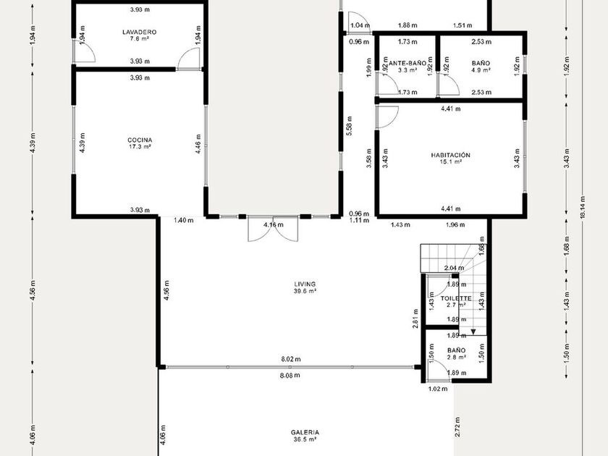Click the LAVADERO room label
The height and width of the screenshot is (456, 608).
coord(139,32)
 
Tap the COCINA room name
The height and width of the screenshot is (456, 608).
coord(140,140)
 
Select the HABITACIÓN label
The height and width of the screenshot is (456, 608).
coord(450,155)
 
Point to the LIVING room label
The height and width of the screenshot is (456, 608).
coord(305,284)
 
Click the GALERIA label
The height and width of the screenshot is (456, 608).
coord(305,432)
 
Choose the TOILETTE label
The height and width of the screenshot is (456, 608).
coord(456,298)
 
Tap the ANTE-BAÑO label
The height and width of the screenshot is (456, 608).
coord(408,63)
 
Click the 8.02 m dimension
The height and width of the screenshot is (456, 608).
coord(291,359)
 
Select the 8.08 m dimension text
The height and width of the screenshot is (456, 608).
coord(290,375)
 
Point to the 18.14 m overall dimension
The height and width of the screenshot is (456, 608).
coord(582,208)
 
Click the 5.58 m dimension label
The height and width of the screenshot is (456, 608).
coord(350,126)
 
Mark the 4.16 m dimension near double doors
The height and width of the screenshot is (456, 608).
coord(274,224)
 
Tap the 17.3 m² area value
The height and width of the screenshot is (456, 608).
coord(140,146)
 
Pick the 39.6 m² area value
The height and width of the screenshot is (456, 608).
coord(305,291)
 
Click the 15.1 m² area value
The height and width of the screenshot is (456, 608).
coord(450,161)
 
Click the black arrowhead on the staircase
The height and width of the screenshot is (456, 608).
coord(473,332)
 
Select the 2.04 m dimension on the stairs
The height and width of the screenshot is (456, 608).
coord(454,268)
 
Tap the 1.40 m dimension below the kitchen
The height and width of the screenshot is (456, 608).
coord(183,220)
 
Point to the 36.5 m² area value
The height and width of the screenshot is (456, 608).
coord(305,439)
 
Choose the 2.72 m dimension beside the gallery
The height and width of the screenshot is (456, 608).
coord(458,427)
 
